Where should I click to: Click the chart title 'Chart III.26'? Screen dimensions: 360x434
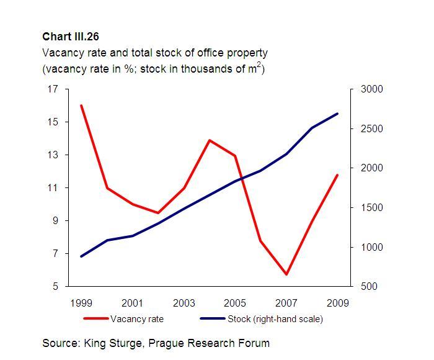(71, 37)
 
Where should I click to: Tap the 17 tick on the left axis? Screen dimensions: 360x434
(53, 89)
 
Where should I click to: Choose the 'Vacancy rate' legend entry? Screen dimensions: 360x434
(136, 319)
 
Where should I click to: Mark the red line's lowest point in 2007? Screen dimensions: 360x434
(286, 274)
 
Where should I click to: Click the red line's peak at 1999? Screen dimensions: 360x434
(82, 106)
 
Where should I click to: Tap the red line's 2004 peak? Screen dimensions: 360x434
(210, 140)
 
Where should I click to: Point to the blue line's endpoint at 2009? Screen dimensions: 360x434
(337, 114)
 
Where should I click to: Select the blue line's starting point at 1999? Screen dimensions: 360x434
(82, 256)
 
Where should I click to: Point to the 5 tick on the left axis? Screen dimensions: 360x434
(55, 287)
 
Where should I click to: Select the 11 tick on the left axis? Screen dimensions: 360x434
(53, 188)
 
